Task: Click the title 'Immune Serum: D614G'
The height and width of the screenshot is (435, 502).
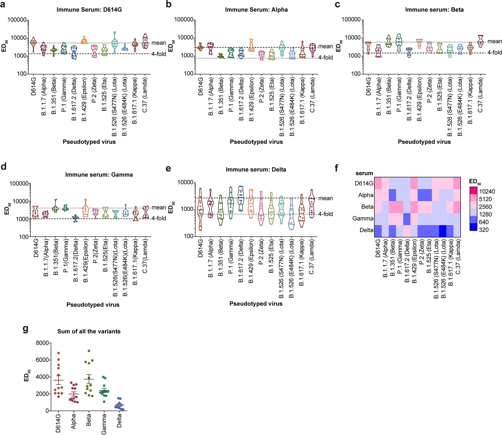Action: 89,10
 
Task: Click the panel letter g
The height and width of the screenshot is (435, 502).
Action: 25,328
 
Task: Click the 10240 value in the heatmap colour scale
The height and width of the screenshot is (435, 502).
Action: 487,191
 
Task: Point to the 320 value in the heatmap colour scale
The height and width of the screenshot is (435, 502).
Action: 484,230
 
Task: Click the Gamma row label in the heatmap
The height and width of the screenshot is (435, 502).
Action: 363,218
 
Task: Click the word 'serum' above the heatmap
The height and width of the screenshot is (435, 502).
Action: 364,173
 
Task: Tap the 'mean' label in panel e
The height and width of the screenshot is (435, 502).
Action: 325,198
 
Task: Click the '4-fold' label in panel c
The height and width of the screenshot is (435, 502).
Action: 494,53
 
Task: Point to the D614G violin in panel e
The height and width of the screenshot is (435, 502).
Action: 200,209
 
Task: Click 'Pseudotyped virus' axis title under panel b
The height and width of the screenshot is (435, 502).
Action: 256,142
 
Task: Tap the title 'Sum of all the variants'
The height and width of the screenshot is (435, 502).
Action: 89,331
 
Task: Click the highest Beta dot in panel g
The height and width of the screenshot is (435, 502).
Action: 89,351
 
